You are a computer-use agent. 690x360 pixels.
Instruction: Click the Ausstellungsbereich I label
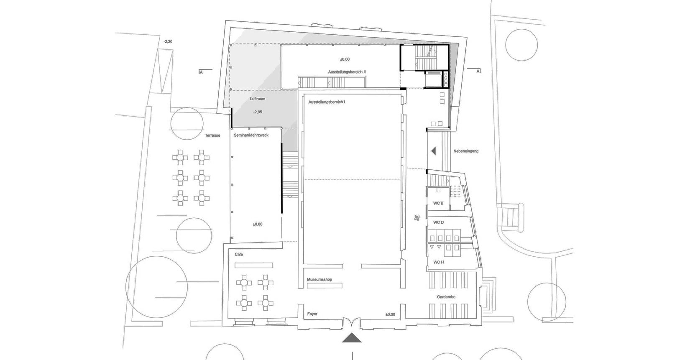pyautogui.click(x=327, y=102)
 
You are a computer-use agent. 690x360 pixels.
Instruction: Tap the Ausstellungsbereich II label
pyautogui.click(x=347, y=72)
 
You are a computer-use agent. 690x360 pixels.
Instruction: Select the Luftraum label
pyautogui.click(x=258, y=99)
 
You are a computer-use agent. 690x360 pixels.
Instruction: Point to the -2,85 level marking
pyautogui.click(x=258, y=112)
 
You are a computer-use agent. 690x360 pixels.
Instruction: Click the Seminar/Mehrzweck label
pyautogui.click(x=251, y=135)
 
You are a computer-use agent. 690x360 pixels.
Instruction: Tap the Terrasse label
pyautogui.click(x=212, y=135)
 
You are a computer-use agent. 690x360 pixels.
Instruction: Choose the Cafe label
pyautogui.click(x=239, y=254)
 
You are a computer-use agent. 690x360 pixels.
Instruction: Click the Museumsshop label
pyautogui.click(x=319, y=280)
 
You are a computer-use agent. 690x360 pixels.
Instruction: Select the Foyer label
pyautogui.click(x=312, y=314)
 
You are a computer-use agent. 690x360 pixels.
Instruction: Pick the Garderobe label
pyautogui.click(x=446, y=297)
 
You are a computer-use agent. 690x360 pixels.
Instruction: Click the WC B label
pyautogui.click(x=438, y=203)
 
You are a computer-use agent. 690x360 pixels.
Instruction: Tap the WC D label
pyautogui.click(x=438, y=222)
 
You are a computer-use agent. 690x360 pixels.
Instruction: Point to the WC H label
pyautogui.click(x=438, y=263)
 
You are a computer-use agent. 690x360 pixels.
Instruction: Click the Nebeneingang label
pyautogui.click(x=466, y=151)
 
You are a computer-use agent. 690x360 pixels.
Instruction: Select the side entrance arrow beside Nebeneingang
pyautogui.click(x=433, y=151)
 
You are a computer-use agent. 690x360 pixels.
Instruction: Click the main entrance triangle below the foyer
pyautogui.click(x=352, y=337)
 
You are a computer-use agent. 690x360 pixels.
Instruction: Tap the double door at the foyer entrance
pyautogui.click(x=352, y=323)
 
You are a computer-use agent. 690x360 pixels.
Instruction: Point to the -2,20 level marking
pyautogui.click(x=168, y=41)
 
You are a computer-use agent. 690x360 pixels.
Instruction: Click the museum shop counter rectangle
pyautogui.click(x=325, y=286)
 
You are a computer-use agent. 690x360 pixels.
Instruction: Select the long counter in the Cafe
pyautogui.click(x=253, y=265)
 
